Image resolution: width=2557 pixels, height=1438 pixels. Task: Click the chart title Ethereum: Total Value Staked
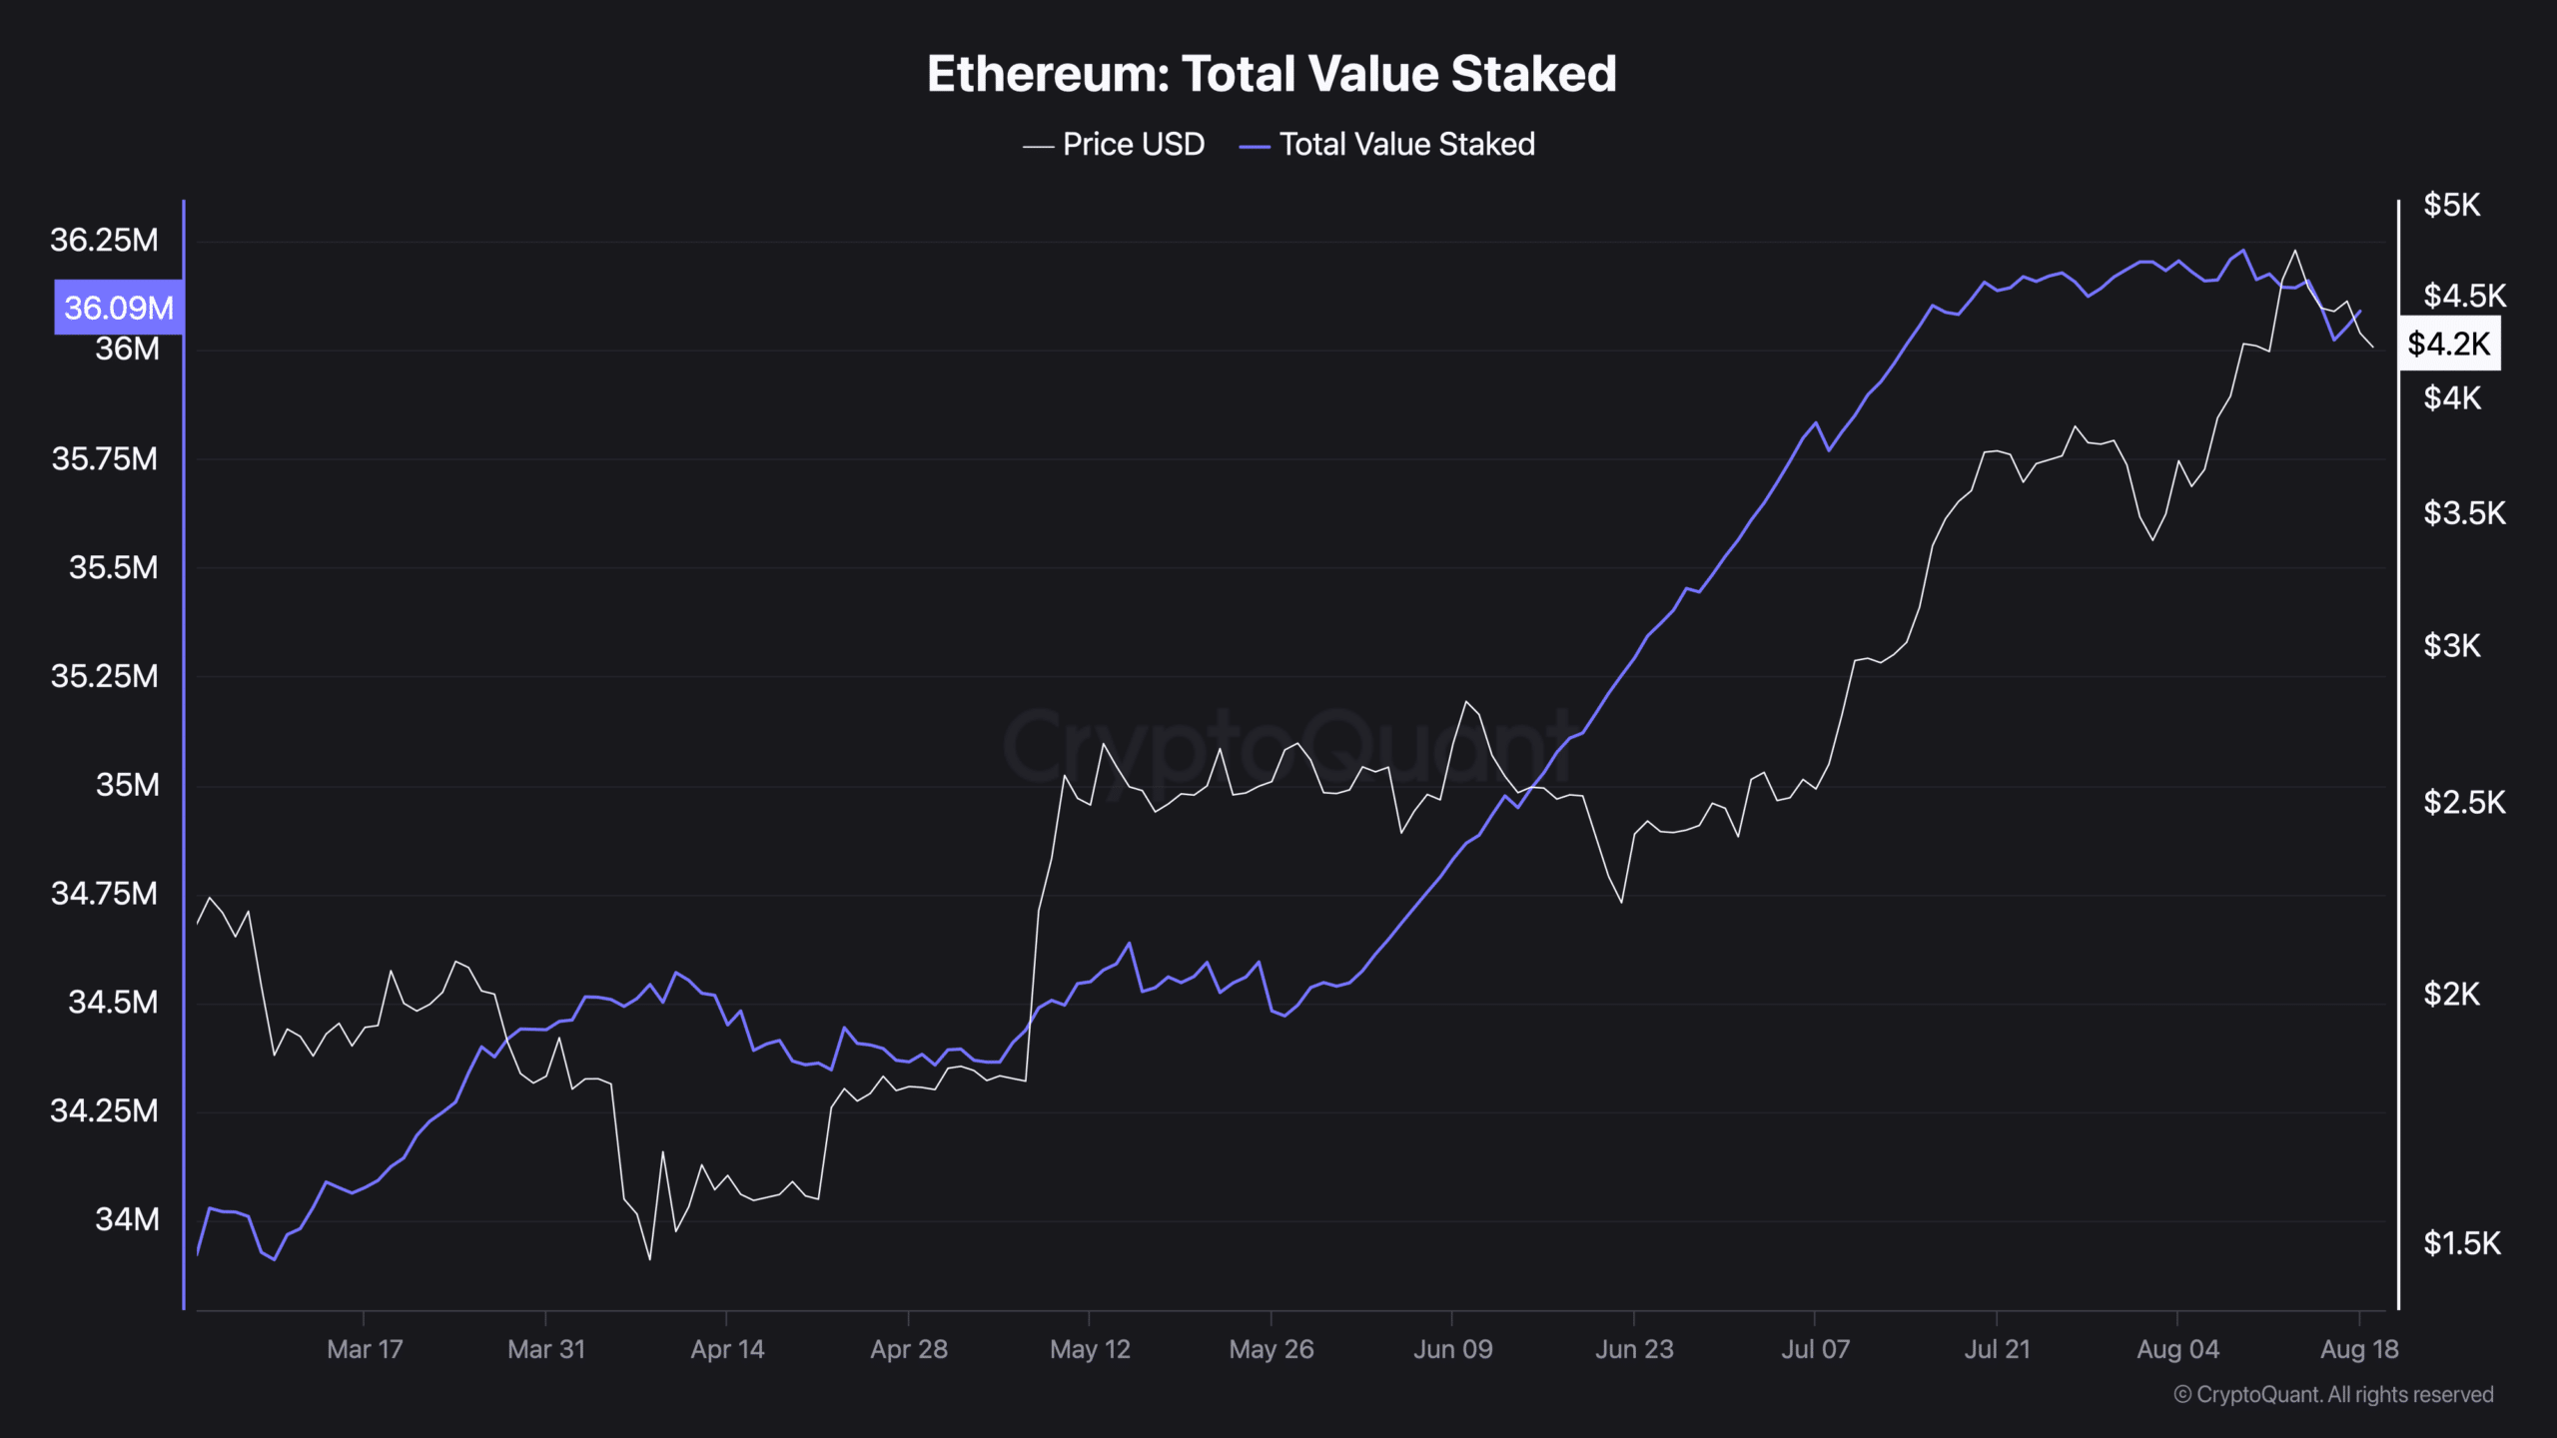pos(1272,74)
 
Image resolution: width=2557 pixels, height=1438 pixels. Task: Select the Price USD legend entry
pos(1115,145)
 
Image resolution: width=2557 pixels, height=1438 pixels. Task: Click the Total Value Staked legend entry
pos(1387,145)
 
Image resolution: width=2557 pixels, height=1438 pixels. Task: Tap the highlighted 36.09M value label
pos(119,308)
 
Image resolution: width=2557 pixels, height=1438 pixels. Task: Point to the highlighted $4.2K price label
pos(2449,345)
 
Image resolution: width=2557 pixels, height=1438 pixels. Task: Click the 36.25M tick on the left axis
pos(104,241)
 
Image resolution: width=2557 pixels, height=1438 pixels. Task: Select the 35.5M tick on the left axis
pos(113,568)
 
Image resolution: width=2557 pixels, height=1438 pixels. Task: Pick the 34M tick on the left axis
pos(127,1219)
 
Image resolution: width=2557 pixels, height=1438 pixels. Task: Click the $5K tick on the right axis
pos(2451,206)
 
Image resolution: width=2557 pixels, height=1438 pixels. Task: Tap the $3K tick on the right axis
pos(2451,646)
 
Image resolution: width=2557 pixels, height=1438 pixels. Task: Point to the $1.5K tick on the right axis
pos(2461,1243)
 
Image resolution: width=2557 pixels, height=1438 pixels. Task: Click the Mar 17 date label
pos(365,1349)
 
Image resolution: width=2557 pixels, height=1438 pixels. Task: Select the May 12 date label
pos(1090,1349)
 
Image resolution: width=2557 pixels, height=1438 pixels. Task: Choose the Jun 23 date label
pos(1634,1349)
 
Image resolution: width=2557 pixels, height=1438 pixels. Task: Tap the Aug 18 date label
pos(2359,1349)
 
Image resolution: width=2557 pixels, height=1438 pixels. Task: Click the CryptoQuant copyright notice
pos(2333,1395)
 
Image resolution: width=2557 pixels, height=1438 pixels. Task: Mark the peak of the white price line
pos(2295,251)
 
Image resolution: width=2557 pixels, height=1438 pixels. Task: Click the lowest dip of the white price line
pos(650,1258)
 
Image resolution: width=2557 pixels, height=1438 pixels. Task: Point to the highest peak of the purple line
pos(2243,251)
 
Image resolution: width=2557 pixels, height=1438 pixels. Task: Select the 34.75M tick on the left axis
pos(104,894)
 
